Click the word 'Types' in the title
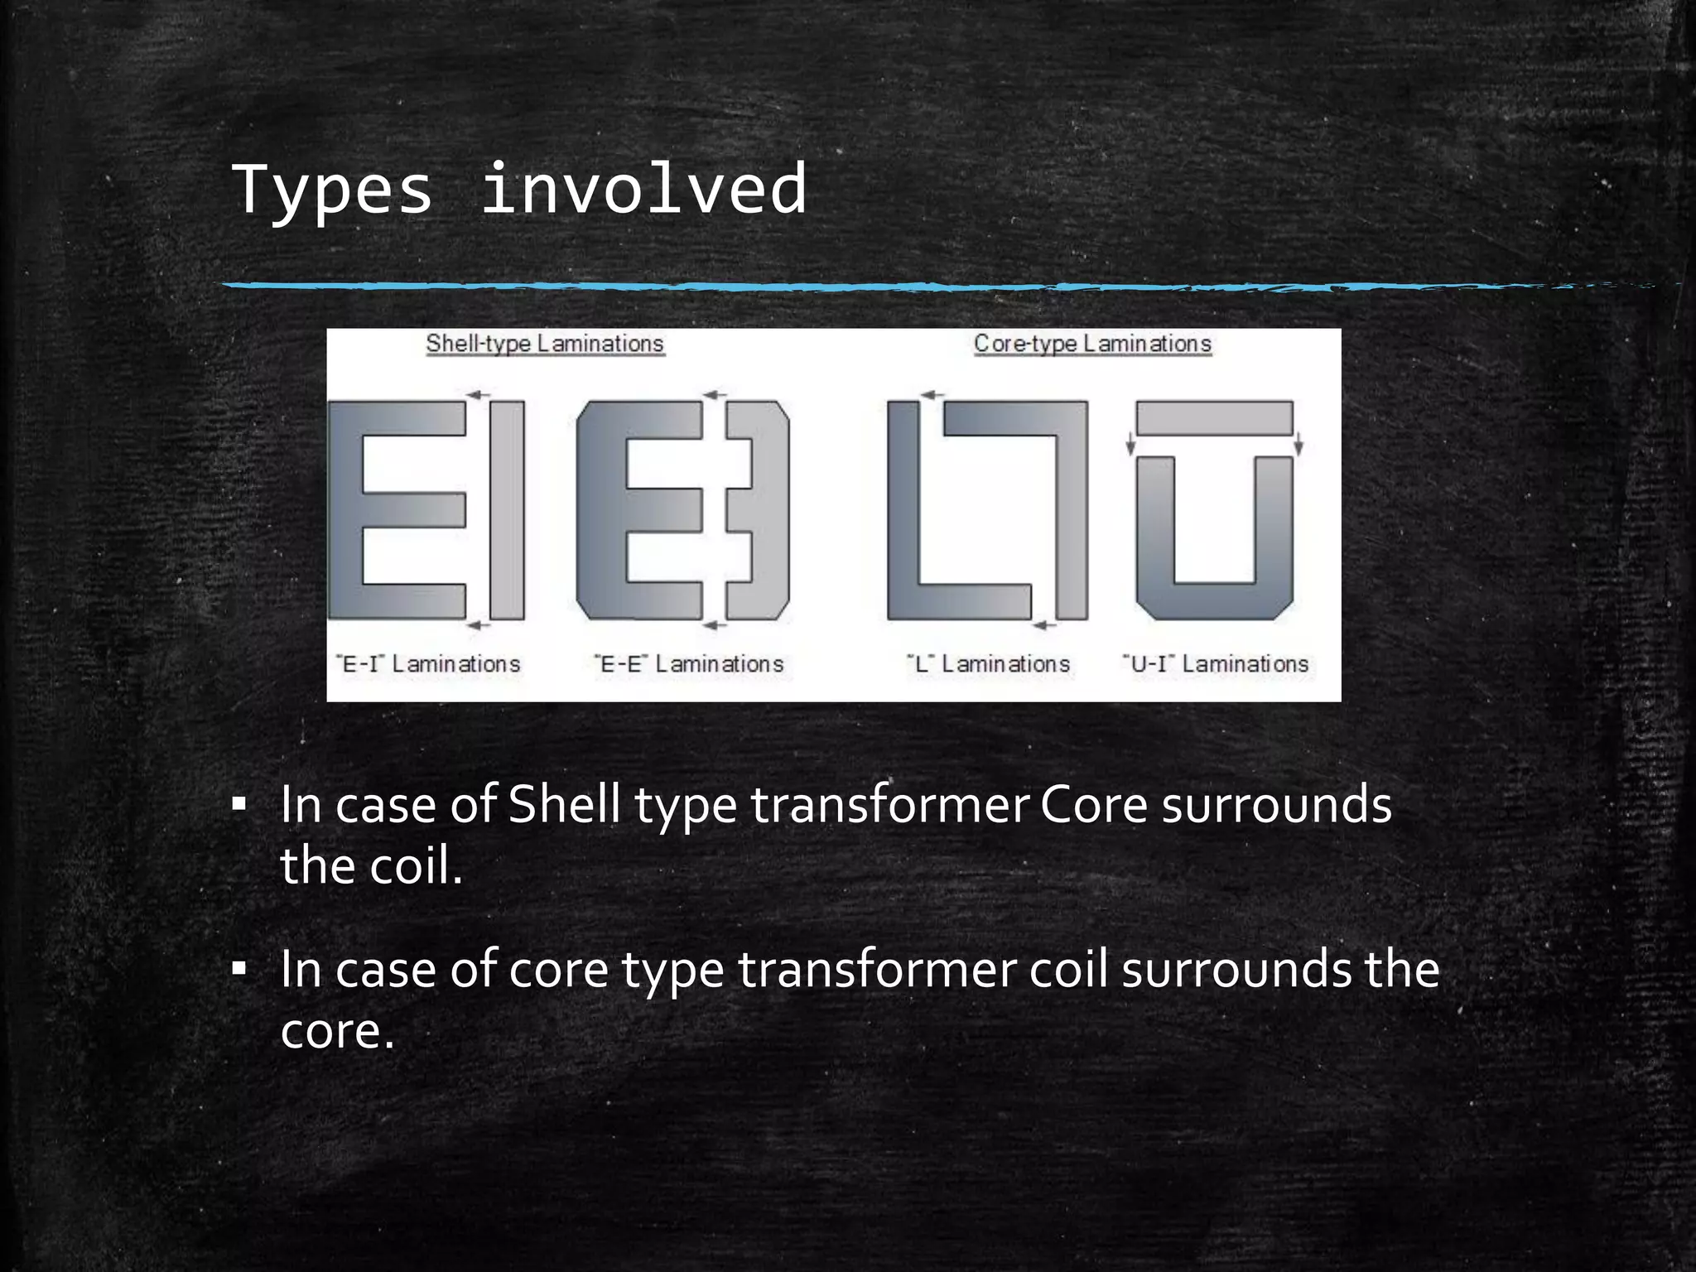click(x=332, y=190)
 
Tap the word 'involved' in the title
click(x=643, y=190)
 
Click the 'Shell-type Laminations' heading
click(x=545, y=344)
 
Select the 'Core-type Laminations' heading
click(x=1092, y=344)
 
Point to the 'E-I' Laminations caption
click(x=428, y=664)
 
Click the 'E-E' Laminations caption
click(x=689, y=664)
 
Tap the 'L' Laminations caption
click(x=988, y=664)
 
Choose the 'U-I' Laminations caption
click(x=1216, y=664)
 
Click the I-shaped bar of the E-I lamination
click(x=507, y=510)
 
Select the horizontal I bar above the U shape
click(x=1214, y=418)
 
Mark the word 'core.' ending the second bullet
click(x=338, y=1032)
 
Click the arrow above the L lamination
click(x=933, y=395)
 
